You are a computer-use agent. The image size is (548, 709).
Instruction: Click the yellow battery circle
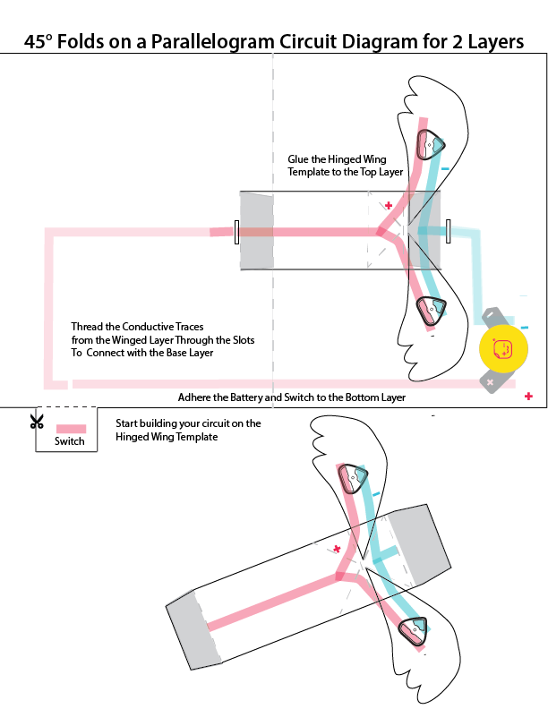[503, 349]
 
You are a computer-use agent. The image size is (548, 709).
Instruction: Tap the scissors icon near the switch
[37, 421]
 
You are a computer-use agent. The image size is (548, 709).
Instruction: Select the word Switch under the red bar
[69, 441]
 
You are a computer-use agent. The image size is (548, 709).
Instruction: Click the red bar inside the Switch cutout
[71, 429]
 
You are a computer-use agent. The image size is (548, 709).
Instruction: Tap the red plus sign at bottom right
[529, 396]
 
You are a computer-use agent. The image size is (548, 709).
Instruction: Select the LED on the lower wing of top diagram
[431, 310]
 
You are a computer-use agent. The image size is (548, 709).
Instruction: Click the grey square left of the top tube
[254, 230]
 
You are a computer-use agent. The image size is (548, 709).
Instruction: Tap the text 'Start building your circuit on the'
[188, 423]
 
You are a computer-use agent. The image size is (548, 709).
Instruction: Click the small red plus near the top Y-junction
[389, 205]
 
